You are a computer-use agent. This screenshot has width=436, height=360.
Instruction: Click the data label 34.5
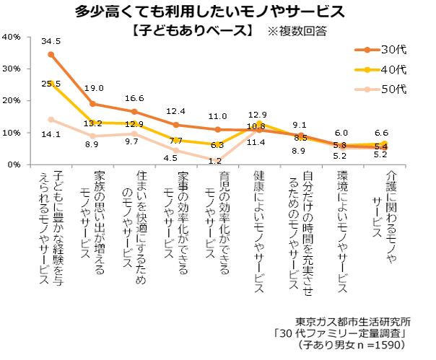click(51, 41)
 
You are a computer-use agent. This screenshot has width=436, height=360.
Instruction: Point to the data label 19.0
click(94, 89)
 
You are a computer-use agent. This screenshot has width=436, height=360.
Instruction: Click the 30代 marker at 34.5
click(51, 54)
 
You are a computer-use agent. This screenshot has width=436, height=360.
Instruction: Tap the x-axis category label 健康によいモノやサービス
click(259, 232)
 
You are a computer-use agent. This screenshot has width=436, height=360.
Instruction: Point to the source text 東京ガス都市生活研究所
click(353, 321)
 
